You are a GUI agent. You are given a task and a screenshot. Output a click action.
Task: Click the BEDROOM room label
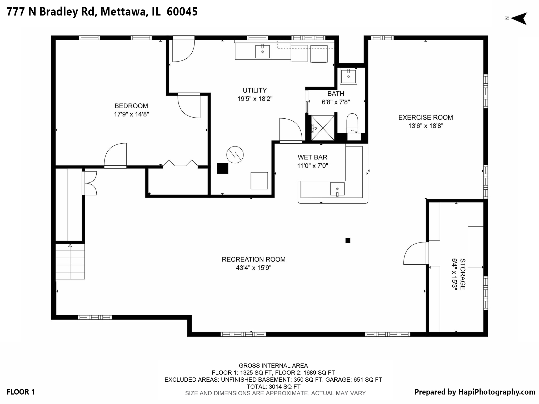[131, 106]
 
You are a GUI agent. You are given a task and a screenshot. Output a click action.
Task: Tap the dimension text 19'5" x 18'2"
[254, 99]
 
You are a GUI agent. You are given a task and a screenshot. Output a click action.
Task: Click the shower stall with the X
[323, 128]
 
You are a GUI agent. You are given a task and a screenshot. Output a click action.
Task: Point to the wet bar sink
[337, 189]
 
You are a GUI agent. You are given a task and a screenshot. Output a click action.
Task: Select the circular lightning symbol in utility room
[235, 155]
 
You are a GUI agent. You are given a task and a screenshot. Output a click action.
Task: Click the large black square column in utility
[222, 168]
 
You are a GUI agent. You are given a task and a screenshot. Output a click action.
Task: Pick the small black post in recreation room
[348, 240]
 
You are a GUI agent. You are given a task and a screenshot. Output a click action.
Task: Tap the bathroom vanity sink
[348, 76]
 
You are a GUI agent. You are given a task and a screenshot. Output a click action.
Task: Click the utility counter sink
[262, 52]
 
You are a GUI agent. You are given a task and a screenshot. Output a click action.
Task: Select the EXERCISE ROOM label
[425, 118]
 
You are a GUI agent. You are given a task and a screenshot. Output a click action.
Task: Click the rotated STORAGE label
[462, 274]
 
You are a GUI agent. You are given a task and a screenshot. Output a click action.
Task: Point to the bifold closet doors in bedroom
[180, 163]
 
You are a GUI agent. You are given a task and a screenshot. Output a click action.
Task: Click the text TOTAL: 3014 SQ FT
[273, 387]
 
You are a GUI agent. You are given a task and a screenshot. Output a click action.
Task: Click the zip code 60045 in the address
[182, 12]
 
